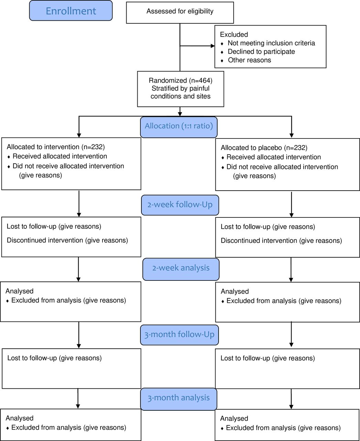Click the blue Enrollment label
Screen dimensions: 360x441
[71, 11]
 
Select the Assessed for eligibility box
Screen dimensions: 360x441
[180, 13]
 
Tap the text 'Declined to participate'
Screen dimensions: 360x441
[261, 52]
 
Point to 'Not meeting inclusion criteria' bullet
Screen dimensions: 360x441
[271, 43]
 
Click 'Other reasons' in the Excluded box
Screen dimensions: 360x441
[249, 60]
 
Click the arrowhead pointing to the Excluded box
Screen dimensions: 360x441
[213, 46]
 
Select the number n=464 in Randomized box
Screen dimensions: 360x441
[201, 81]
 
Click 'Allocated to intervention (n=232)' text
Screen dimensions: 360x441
[55, 147]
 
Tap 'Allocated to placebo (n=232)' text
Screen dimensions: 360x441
[264, 148]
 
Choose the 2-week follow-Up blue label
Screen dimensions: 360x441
[180, 205]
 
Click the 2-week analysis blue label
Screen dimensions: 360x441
[181, 269]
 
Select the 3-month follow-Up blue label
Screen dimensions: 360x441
[179, 335]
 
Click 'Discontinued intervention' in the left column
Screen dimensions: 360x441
[45, 240]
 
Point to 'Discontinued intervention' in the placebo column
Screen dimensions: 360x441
[259, 241]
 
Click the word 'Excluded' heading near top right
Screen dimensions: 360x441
[234, 34]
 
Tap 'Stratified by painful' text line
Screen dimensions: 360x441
[181, 89]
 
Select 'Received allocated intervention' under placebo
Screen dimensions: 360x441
[274, 157]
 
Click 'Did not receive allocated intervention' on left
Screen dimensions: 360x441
[68, 166]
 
